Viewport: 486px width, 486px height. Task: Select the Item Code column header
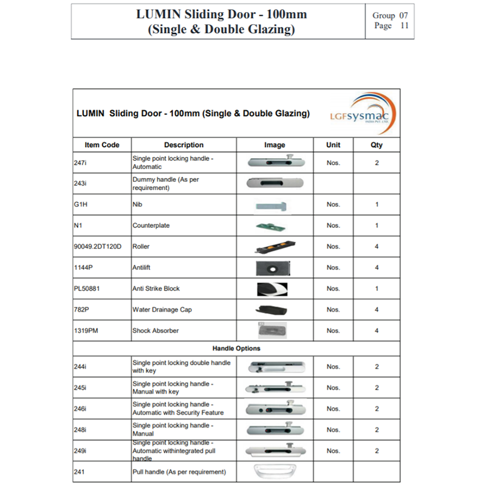pos(102,145)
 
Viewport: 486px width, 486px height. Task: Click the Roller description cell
pos(142,247)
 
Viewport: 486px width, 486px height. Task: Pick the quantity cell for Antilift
pos(377,268)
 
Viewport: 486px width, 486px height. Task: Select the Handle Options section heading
pos(236,349)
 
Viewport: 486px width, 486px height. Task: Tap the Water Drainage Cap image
pos(274,309)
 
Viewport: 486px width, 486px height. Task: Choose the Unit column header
pos(333,145)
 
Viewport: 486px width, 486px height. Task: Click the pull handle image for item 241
pos(274,471)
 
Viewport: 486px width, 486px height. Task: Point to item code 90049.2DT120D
pos(97,247)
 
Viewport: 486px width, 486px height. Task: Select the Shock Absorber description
pos(156,330)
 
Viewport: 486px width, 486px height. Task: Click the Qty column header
pos(377,145)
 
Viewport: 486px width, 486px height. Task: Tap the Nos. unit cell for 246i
pos(333,409)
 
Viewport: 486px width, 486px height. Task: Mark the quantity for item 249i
pos(377,451)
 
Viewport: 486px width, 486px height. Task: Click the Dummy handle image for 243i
pos(275,183)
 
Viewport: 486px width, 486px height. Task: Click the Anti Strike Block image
pos(272,289)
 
